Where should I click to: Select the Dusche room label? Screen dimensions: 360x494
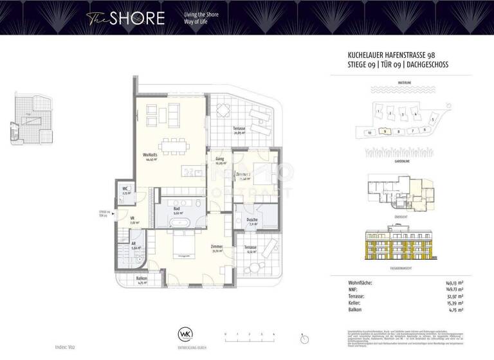[x=252, y=220]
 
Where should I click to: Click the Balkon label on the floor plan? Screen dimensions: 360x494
[x=141, y=279]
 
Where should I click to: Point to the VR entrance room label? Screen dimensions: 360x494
[x=132, y=219]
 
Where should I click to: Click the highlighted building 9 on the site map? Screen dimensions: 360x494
[x=384, y=132]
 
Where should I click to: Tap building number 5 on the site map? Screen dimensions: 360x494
[x=433, y=120]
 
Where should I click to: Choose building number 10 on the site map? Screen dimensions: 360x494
[x=369, y=133]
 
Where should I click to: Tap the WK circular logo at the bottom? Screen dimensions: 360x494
[x=185, y=334]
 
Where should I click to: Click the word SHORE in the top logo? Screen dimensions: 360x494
[x=136, y=18]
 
